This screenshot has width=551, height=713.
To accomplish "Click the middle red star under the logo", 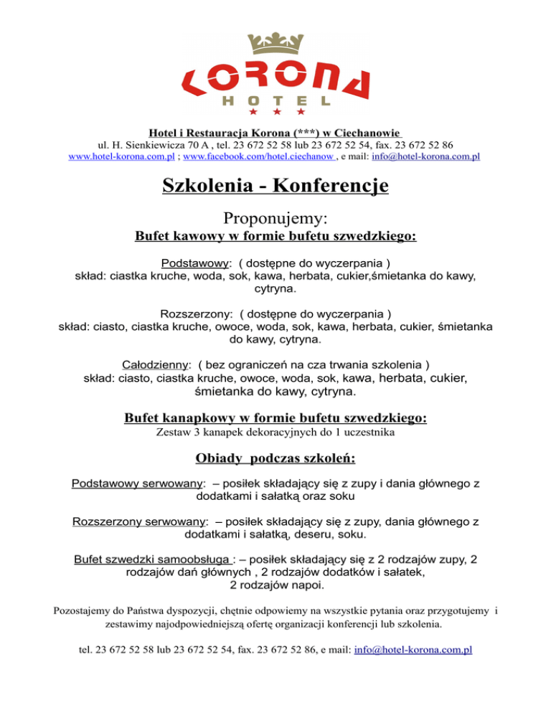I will pyautogui.click(x=275, y=113).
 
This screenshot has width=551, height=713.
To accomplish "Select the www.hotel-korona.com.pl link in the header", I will pyautogui.click(x=123, y=156).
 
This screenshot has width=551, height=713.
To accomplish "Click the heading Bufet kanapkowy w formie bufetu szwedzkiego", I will pyautogui.click(x=275, y=417).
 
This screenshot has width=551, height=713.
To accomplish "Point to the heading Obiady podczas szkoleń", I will pyautogui.click(x=275, y=458).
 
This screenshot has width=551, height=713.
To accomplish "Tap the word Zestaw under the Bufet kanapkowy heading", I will pyautogui.click(x=171, y=433).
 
